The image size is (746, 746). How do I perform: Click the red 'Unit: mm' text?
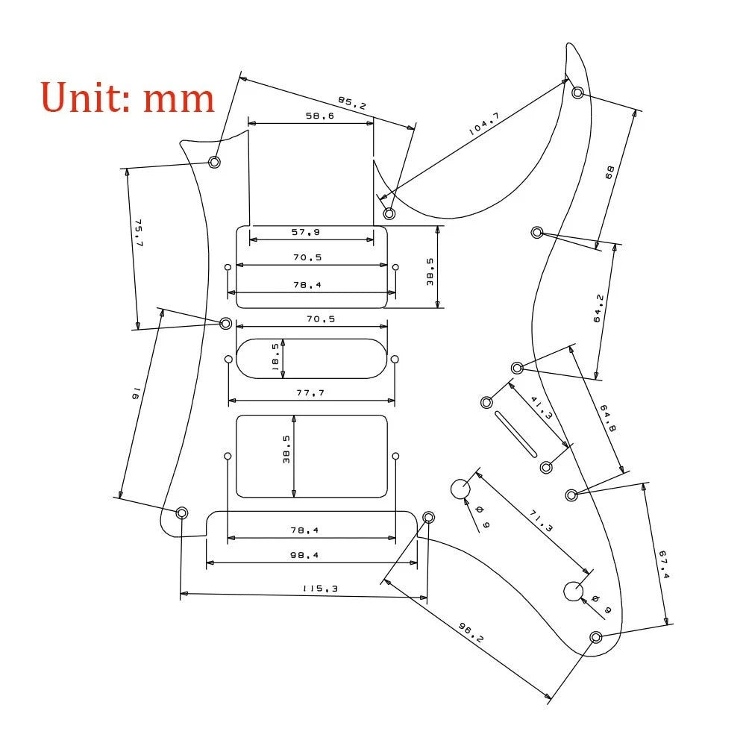tap(128, 97)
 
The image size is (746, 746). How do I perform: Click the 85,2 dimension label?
tap(352, 103)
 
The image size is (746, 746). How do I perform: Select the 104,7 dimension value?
tap(484, 124)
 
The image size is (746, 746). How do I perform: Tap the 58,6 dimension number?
tap(320, 116)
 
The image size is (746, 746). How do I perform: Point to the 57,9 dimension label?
tap(305, 232)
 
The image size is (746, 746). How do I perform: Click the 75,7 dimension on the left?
tap(139, 233)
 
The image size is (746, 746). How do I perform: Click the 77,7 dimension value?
tap(310, 392)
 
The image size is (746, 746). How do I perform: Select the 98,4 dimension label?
tap(304, 555)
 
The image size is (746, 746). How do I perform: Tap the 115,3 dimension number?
tap(320, 589)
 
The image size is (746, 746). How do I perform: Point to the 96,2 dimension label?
tap(471, 633)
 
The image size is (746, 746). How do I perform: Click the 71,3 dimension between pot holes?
tap(541, 521)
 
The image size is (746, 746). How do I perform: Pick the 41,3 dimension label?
tap(542, 408)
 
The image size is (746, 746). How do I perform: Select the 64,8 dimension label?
tap(608, 419)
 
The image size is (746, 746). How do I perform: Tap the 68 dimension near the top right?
tap(609, 172)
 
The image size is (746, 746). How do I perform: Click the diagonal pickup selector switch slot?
tap(515, 434)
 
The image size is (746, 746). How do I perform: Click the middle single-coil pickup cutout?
tap(312, 359)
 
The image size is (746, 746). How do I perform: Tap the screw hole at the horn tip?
tap(577, 93)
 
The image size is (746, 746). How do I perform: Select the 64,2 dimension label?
tap(598, 309)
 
